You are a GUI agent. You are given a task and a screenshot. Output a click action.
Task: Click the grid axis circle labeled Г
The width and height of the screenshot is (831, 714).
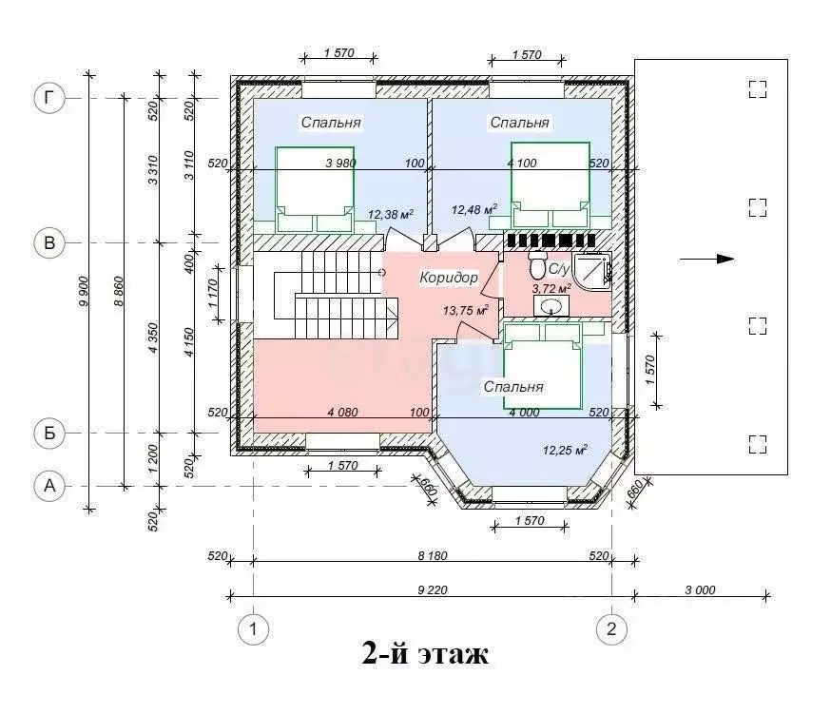tap(49, 98)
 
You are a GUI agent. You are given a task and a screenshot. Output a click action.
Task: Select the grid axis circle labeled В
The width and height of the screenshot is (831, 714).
tap(49, 242)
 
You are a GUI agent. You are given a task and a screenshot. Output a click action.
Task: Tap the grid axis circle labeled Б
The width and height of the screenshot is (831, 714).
tap(49, 434)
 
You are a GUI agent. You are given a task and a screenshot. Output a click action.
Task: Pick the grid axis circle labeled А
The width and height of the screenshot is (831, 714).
tap(49, 486)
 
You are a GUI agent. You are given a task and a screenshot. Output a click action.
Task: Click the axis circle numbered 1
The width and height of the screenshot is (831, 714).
tap(253, 629)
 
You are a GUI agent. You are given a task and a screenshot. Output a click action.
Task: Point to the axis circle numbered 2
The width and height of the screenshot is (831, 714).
tap(611, 629)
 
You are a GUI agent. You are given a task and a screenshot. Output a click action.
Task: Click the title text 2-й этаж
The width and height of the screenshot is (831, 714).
tap(425, 653)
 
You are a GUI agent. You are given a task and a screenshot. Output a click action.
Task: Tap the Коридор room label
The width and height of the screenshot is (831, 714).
tap(449, 278)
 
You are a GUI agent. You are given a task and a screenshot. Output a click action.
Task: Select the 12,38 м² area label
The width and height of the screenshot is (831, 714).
tap(391, 214)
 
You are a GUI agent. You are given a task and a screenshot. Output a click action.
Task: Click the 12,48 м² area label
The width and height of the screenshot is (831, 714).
tap(474, 209)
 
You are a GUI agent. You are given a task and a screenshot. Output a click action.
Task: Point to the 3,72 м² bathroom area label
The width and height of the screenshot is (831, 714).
tap(551, 288)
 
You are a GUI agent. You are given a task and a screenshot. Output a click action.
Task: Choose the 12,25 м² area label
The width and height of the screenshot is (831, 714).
tap(565, 450)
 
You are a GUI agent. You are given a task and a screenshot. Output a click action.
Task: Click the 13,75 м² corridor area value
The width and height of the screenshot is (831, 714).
tap(465, 310)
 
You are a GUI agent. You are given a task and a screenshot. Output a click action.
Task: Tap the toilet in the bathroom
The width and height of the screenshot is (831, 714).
tap(537, 264)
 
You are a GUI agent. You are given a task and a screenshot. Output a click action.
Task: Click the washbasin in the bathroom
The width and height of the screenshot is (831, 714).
tap(551, 306)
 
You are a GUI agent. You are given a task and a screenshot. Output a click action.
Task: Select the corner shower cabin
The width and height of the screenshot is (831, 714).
tap(592, 268)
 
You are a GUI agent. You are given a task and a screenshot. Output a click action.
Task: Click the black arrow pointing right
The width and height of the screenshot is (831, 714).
tap(707, 260)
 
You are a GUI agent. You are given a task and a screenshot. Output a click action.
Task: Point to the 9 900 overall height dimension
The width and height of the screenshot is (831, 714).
tap(84, 291)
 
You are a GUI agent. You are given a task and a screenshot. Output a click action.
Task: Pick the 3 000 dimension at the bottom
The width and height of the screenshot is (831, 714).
tap(700, 589)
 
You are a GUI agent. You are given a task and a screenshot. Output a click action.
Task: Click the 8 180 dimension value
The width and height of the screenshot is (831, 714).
tap(433, 555)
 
